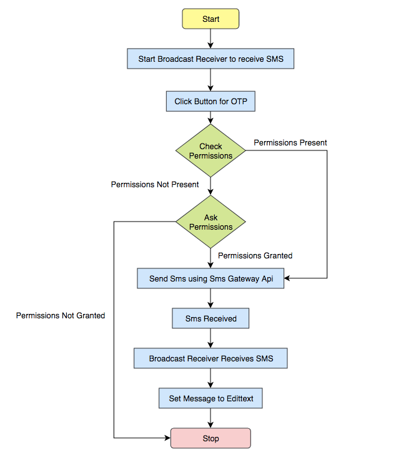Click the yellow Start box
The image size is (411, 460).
coord(210,19)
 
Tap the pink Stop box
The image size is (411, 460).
coord(210,438)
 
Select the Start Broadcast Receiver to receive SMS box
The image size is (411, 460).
coord(210,59)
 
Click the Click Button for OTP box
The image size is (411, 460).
coord(210,101)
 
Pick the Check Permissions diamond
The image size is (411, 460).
coord(210,151)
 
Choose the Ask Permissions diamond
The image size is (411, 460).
coord(210,222)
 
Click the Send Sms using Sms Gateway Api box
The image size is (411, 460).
coord(210,278)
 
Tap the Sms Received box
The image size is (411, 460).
coord(210,318)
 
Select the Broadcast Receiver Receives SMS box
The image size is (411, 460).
coord(210,358)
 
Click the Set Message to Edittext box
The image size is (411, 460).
coord(210,398)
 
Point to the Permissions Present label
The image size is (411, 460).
coord(290,143)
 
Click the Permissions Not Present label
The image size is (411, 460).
coord(155,185)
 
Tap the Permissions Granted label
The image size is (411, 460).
coord(255,256)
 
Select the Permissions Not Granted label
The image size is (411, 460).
coord(61,316)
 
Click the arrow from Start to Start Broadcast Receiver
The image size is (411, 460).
coord(210,39)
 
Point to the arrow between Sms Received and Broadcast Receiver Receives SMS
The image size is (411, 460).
coord(210,338)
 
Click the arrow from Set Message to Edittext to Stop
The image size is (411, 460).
coord(210,418)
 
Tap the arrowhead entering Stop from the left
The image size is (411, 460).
coord(167,438)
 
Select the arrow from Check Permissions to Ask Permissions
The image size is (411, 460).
coord(210,187)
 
